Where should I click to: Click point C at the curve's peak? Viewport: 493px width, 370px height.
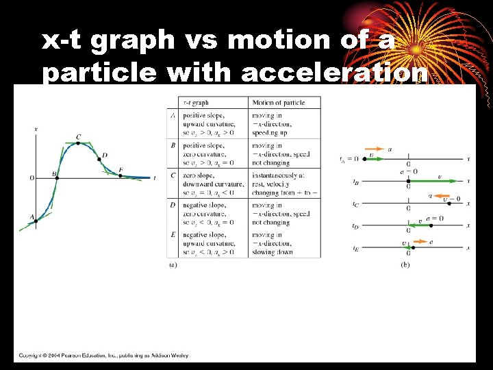click(x=78, y=143)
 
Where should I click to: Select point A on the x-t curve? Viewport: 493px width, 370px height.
click(x=35, y=220)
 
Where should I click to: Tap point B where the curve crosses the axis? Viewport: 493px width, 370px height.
click(x=56, y=177)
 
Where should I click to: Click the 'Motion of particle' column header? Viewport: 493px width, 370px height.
click(x=279, y=103)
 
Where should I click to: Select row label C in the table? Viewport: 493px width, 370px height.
click(x=172, y=175)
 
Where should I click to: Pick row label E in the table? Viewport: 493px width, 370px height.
click(x=172, y=235)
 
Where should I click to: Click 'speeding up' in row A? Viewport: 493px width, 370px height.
click(x=268, y=133)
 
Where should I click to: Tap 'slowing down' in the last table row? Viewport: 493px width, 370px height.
click(x=273, y=252)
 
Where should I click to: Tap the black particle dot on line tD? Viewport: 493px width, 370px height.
click(x=409, y=225)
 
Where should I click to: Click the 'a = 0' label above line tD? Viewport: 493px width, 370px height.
click(x=434, y=218)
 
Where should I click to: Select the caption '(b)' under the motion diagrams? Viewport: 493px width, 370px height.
click(x=405, y=264)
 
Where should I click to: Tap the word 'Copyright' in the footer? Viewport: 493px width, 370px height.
click(x=33, y=355)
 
